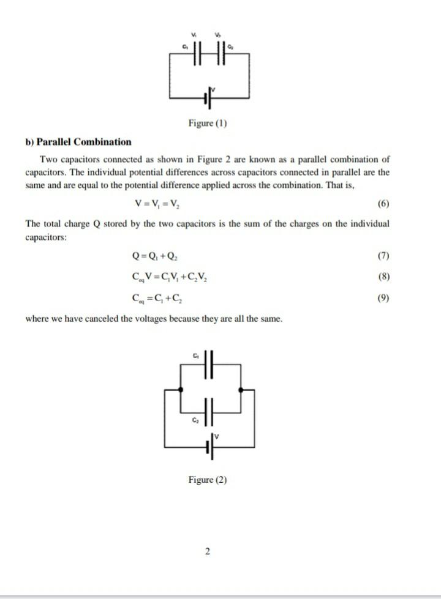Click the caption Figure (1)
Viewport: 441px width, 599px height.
click(x=208, y=123)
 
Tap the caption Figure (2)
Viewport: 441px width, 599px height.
click(x=208, y=480)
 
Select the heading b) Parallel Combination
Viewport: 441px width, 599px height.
click(x=78, y=142)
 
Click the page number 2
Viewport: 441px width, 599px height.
click(x=208, y=552)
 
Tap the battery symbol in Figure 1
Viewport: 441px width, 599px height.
click(x=208, y=97)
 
